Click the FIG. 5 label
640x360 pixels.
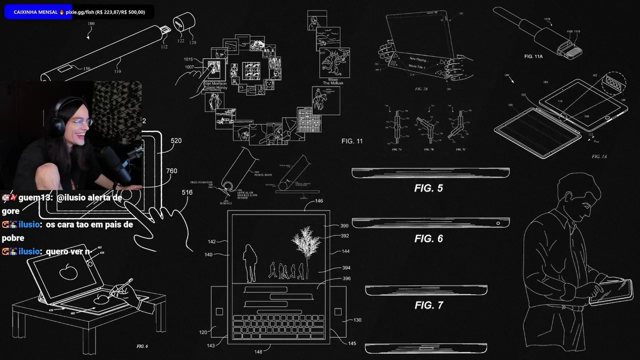tap(428, 188)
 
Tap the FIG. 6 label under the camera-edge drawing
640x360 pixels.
tap(428, 238)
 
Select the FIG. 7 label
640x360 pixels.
tap(428, 305)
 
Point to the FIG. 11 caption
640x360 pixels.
tap(352, 141)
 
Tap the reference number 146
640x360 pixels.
tap(318, 201)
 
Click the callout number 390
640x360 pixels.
tap(344, 226)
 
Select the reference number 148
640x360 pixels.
tap(258, 352)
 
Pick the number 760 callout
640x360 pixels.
tap(171, 171)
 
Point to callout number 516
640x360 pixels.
tap(187, 192)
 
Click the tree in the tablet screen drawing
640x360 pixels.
tap(305, 245)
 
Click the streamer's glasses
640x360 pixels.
tap(80, 122)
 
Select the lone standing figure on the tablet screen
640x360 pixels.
tap(249, 262)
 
